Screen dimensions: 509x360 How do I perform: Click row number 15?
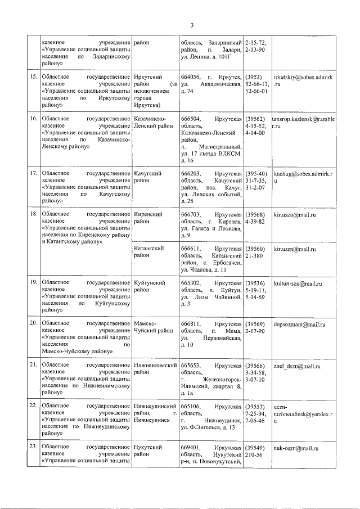(x=34, y=75)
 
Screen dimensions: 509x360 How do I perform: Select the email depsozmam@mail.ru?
(x=299, y=325)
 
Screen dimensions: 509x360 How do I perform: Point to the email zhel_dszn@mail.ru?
(x=296, y=366)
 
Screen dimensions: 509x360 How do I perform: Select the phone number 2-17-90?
(x=256, y=332)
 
